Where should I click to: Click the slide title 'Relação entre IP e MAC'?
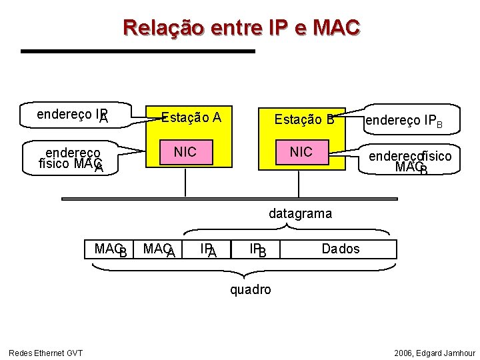point(241,27)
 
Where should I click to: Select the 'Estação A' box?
point(191,118)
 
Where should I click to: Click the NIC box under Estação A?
point(185,152)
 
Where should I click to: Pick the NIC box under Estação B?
point(301,152)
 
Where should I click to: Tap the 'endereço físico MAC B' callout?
point(409,161)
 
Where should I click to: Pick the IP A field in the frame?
point(208,250)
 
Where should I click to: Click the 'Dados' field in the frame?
point(340,249)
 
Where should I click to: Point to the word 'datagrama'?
point(300,214)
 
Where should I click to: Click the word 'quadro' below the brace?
point(250,289)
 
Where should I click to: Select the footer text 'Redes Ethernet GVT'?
point(45,353)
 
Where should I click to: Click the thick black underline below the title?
point(137,51)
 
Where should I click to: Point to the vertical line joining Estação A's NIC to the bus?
point(185,181)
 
